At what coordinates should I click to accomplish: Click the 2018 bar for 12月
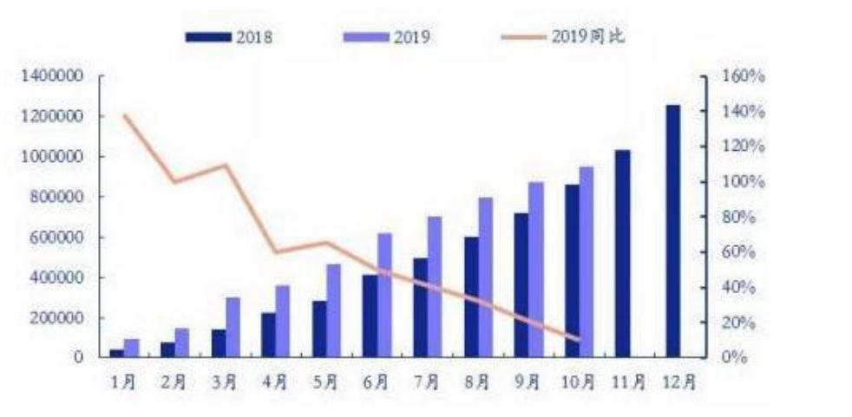tap(673, 231)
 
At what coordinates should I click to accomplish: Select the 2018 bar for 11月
tap(622, 254)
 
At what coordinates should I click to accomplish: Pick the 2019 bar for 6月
tap(384, 296)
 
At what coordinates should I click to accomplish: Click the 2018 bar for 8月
tap(470, 297)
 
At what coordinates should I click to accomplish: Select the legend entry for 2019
tap(388, 36)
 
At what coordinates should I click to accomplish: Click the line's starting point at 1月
tap(124, 115)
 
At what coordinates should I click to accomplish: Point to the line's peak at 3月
tap(226, 165)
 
